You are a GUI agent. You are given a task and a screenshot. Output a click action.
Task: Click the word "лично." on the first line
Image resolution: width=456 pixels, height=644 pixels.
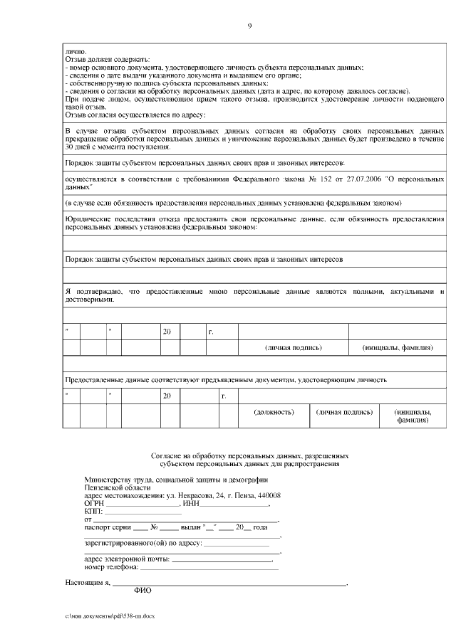pos(75,51)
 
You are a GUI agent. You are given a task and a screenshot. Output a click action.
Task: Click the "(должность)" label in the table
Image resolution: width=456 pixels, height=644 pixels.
pos(274,412)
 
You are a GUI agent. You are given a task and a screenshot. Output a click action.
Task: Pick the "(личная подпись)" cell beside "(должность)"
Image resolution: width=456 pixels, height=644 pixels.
pos(345,412)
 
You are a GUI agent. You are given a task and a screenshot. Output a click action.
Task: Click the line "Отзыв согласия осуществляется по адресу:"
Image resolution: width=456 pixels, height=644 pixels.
pos(135,115)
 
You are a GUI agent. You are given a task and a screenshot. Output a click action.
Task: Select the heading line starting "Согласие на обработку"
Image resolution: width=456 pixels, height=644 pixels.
pos(250,455)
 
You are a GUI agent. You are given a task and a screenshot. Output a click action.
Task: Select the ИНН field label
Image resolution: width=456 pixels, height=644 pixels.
pos(190,504)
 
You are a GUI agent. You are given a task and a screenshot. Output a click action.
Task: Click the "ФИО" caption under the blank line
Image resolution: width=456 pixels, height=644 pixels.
pos(142,591)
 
